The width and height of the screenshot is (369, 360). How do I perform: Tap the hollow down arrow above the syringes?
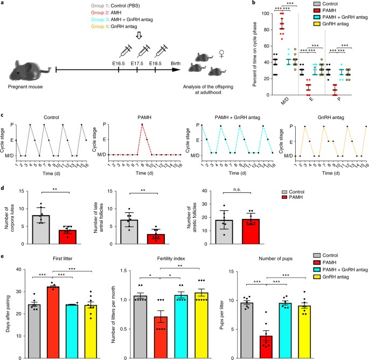[139, 36]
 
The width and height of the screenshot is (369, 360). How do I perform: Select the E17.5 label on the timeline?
[137, 64]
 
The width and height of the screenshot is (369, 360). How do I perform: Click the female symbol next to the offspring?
[221, 54]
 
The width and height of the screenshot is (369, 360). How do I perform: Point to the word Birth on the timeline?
[176, 64]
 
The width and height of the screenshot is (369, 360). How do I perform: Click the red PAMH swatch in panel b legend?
[317, 10]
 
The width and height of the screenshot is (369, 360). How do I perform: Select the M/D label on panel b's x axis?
[285, 101]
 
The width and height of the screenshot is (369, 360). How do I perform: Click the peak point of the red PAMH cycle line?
[142, 124]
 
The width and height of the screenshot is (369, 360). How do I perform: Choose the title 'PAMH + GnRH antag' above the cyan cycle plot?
[238, 117]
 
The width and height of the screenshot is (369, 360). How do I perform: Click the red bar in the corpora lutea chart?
[67, 237]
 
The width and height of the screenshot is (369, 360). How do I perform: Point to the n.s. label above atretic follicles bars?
[237, 190]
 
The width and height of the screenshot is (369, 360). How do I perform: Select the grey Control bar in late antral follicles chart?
[129, 232]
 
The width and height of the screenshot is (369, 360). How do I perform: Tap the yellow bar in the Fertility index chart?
[201, 326]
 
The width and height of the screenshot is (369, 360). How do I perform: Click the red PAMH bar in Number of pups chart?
[266, 347]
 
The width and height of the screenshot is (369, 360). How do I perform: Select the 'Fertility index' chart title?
[171, 259]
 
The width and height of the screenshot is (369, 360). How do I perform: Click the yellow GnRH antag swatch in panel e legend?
[317, 276]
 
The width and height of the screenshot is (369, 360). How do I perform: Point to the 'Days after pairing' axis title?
[8, 313]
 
